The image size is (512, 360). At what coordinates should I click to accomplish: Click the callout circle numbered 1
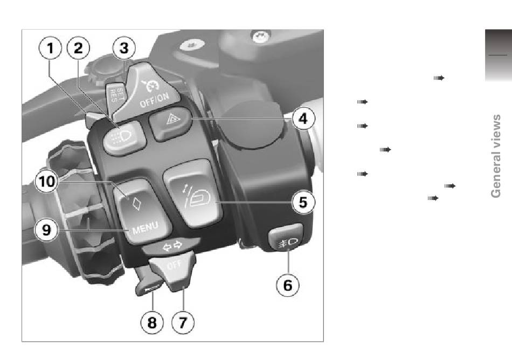(x=50, y=48)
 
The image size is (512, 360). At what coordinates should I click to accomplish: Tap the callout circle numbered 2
(x=78, y=48)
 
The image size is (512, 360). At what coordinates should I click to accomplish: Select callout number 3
(x=124, y=48)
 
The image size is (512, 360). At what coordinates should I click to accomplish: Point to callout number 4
(x=303, y=118)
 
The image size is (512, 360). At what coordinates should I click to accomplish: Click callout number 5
(x=303, y=202)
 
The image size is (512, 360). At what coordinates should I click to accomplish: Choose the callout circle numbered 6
(x=288, y=285)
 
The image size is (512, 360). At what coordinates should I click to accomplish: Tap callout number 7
(x=183, y=322)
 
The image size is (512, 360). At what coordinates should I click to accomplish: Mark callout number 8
(x=152, y=322)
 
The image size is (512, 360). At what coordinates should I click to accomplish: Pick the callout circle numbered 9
(x=46, y=230)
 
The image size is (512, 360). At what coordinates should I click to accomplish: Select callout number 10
(x=47, y=181)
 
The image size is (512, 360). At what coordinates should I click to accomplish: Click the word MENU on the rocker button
(x=146, y=227)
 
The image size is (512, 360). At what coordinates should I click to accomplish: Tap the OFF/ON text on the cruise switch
(x=155, y=99)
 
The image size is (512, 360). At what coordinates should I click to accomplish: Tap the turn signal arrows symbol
(x=172, y=246)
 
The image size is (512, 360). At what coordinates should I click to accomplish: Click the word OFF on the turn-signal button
(x=174, y=265)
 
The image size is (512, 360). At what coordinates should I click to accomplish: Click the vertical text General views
(x=496, y=156)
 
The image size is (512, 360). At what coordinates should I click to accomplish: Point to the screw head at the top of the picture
(x=260, y=36)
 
